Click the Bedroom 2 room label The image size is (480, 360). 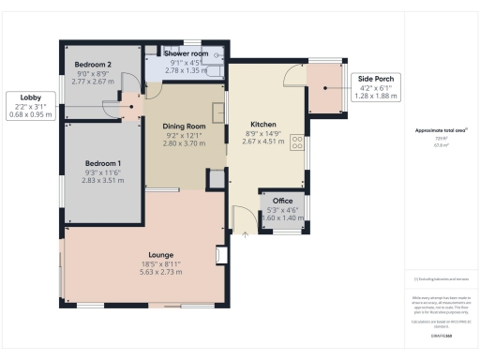click(93, 65)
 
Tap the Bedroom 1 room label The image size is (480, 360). click(102, 161)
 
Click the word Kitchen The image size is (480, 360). click(262, 124)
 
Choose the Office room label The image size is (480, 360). click(282, 201)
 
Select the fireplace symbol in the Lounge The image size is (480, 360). click(219, 256)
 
